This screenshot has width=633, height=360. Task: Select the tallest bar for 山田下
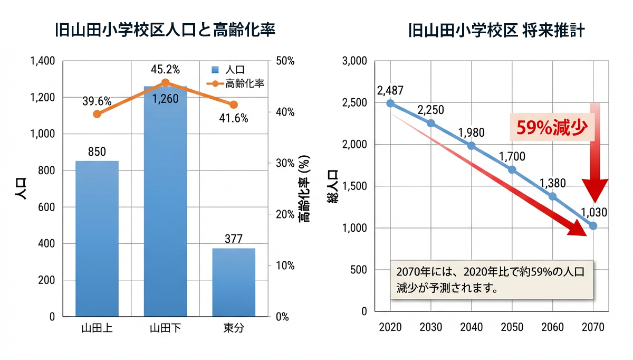(x=166, y=201)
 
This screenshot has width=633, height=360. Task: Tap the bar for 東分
(x=234, y=282)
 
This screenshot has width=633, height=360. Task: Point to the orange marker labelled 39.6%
(x=97, y=114)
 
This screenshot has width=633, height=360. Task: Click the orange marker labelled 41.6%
(x=234, y=105)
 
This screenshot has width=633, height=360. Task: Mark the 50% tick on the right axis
(x=285, y=61)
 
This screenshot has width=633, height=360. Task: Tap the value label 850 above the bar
(x=97, y=152)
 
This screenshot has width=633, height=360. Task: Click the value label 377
(x=234, y=239)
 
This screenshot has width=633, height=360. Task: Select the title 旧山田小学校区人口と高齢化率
(x=165, y=31)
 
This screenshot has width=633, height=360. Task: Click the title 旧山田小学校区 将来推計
(x=496, y=31)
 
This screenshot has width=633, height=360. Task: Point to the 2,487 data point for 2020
(x=390, y=103)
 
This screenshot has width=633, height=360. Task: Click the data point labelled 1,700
(x=512, y=170)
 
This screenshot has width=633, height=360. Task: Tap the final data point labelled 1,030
(x=593, y=226)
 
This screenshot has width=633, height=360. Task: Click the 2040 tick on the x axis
(x=471, y=327)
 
